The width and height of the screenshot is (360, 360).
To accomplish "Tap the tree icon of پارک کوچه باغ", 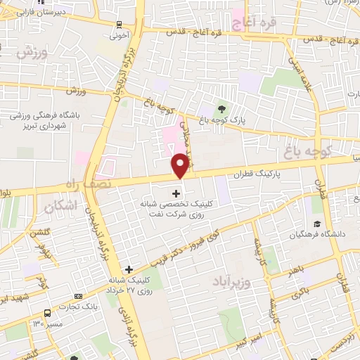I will tap(222, 108).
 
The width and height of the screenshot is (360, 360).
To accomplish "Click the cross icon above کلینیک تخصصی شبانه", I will tap(176, 193).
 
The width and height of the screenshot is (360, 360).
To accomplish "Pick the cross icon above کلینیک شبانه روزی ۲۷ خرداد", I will tap(128, 269).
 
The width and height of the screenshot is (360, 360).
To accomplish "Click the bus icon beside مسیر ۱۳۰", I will tap(46, 311).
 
